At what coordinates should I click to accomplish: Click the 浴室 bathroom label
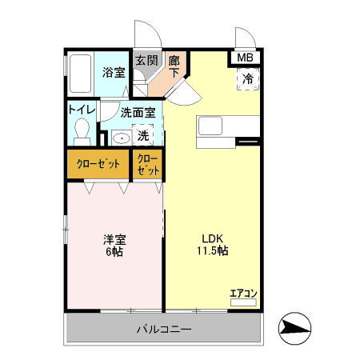pyautogui.click(x=114, y=72)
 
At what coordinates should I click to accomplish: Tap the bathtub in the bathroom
pyautogui.click(x=79, y=74)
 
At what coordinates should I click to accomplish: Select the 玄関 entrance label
pyautogui.click(x=145, y=61)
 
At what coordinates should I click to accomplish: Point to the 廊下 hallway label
pyautogui.click(x=174, y=66)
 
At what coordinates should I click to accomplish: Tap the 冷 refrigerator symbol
pyautogui.click(x=247, y=78)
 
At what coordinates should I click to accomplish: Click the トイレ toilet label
pyautogui.click(x=82, y=110)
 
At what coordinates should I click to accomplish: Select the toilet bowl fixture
pyautogui.click(x=81, y=130)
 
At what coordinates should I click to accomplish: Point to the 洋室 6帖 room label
pyautogui.click(x=114, y=245)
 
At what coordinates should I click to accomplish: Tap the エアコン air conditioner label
pyautogui.click(x=243, y=294)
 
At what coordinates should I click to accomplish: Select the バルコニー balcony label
pyautogui.click(x=163, y=328)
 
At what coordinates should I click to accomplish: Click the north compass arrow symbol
pyautogui.click(x=294, y=328)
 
